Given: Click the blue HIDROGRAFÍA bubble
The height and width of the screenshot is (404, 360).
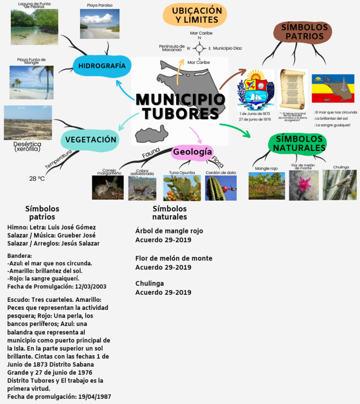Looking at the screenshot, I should pyautogui.click(x=102, y=66).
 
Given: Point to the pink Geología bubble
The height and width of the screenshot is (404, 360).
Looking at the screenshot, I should pyautogui.click(x=193, y=152).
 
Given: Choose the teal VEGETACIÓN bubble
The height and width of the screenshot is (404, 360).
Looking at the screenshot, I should pyautogui.click(x=90, y=140).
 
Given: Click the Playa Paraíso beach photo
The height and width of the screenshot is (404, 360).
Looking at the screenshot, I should pyautogui.click(x=99, y=24).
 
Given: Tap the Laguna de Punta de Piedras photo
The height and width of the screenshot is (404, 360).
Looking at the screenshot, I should pyautogui.click(x=34, y=27).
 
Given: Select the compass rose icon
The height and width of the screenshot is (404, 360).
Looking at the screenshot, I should pyautogui.click(x=199, y=48).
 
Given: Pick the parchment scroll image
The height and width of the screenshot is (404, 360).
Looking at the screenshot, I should pyautogui.click(x=292, y=90).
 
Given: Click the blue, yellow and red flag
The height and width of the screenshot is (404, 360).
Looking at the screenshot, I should pyautogui.click(x=333, y=88).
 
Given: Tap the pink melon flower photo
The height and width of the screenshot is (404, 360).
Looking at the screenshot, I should pyautogui.click(x=303, y=186).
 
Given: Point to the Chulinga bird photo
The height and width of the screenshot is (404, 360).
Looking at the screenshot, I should pyautogui.click(x=339, y=185).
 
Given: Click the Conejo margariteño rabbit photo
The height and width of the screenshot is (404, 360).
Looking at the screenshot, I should pyautogui.click(x=108, y=188).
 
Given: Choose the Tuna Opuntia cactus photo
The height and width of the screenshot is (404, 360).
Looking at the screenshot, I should pyautogui.click(x=182, y=188).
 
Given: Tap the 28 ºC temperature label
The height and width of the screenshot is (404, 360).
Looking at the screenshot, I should pyautogui.click(x=37, y=179).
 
